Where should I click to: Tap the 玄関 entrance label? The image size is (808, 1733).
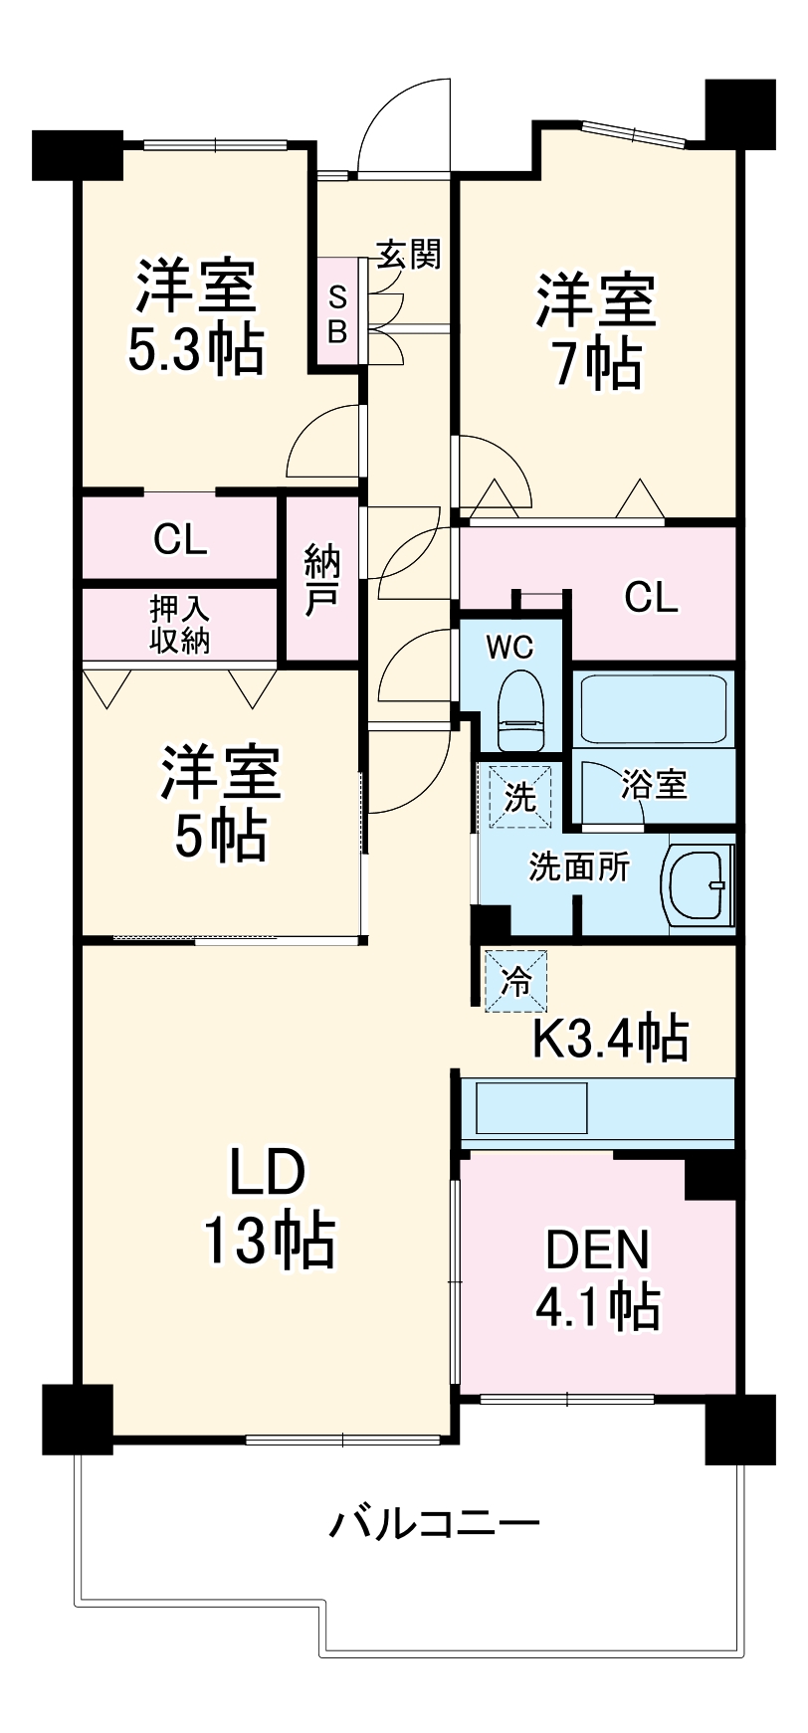408,255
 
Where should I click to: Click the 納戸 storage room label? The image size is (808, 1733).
322,580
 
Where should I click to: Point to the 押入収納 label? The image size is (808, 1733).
180,625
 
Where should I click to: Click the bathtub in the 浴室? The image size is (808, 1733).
653,709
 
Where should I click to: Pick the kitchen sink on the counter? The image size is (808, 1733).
532,1108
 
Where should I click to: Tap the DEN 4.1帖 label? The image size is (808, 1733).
597,1280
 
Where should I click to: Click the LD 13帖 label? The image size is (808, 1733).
269,1207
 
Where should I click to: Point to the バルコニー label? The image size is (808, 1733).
435,1523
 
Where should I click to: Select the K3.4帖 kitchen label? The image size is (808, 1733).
610,1039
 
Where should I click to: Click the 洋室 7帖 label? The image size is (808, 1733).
597,331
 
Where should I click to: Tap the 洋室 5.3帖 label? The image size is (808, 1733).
196,316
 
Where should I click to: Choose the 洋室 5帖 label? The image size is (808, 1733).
222,804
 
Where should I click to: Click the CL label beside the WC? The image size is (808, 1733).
651,597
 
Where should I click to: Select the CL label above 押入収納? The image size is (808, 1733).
180,539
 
